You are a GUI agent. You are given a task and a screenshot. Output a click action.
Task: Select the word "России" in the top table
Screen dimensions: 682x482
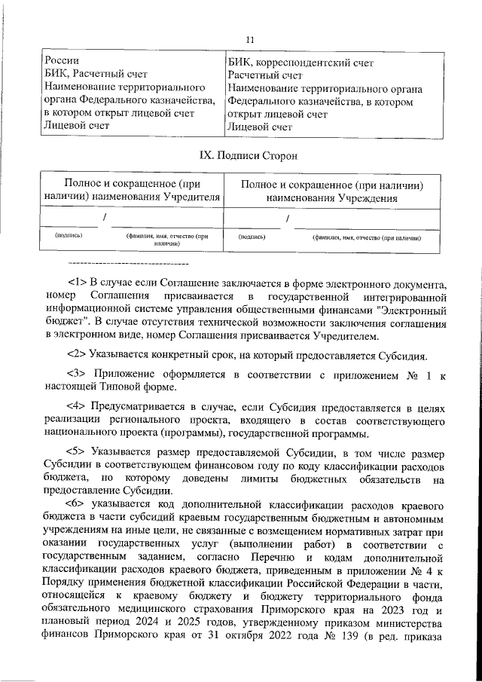pos(61,61)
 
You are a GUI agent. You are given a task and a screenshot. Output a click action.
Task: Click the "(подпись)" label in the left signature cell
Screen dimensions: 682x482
pos(69,234)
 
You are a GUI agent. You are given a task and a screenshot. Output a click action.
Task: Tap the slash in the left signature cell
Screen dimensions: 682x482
pos(105,218)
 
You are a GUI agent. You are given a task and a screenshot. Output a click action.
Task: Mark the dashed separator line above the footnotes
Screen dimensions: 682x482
pos(127,264)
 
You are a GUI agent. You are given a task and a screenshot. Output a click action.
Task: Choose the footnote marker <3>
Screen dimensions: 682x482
pos(78,374)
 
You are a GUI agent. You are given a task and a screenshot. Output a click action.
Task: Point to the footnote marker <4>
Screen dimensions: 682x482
pos(78,408)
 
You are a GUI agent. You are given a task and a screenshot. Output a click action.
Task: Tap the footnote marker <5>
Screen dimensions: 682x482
pos(78,454)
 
